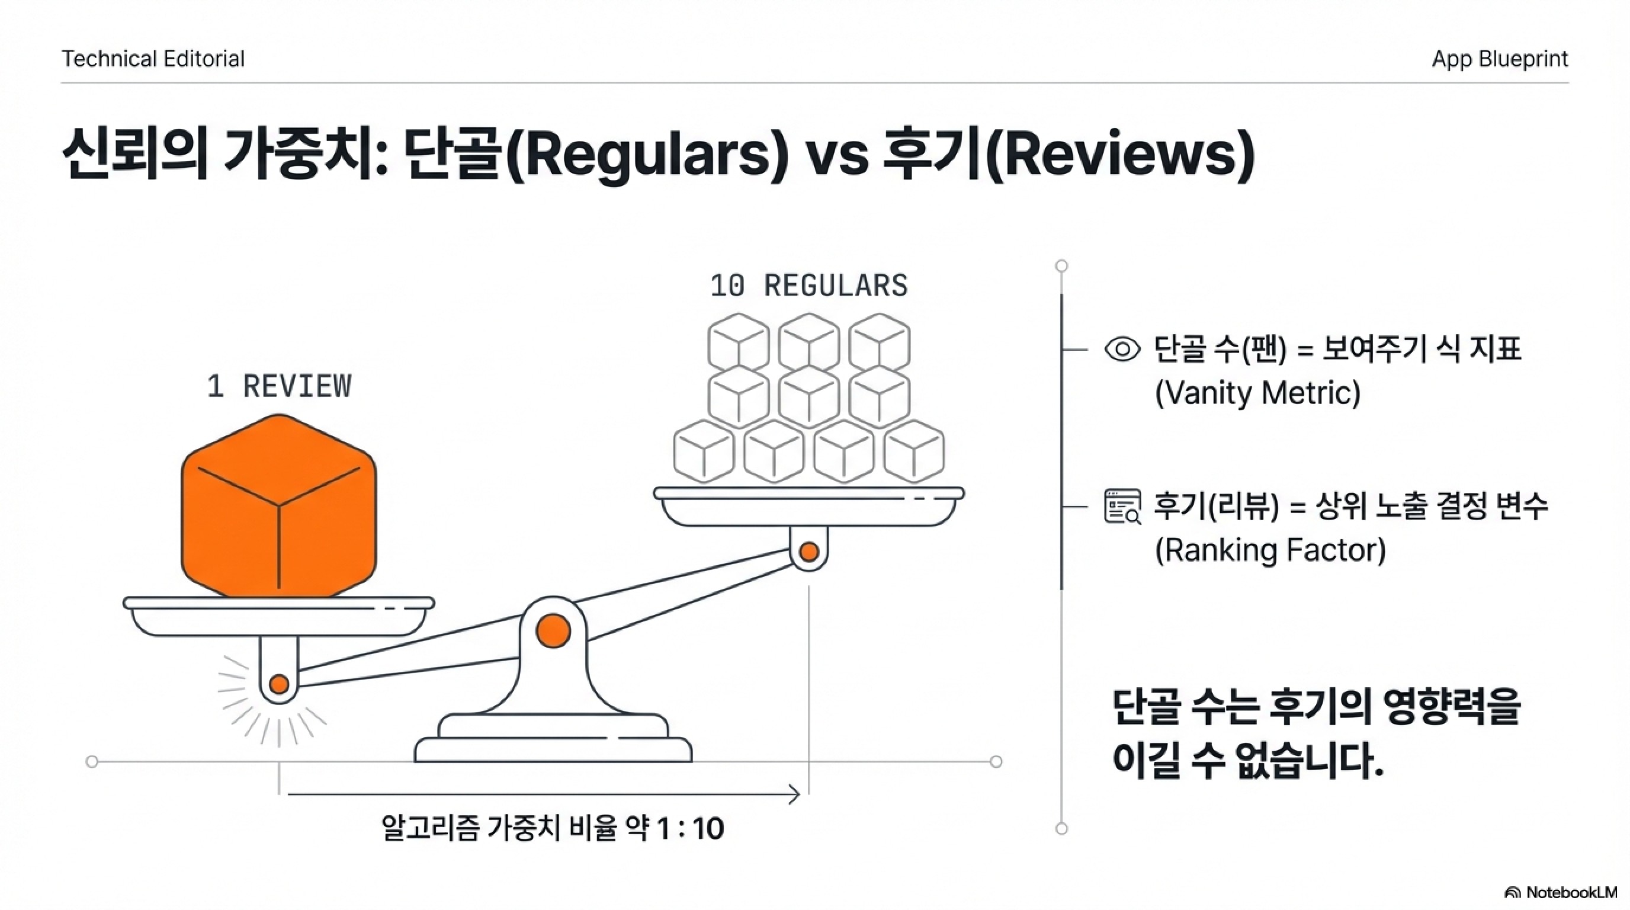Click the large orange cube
click(x=278, y=507)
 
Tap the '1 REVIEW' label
click(x=278, y=386)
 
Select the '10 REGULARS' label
click(x=808, y=286)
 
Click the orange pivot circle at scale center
click(x=553, y=631)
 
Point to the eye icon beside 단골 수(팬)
click(x=1122, y=350)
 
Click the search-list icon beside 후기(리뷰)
click(x=1122, y=507)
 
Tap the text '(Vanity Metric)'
click(x=1257, y=393)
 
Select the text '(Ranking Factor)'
click(x=1270, y=550)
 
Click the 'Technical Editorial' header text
click(x=152, y=59)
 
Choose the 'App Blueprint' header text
click(x=1500, y=59)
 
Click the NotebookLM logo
click(x=1560, y=892)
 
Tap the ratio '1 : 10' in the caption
click(x=689, y=828)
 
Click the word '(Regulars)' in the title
click(x=648, y=155)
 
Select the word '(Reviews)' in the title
click(x=1120, y=155)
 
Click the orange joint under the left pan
click(x=279, y=684)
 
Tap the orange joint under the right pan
click(x=808, y=552)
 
